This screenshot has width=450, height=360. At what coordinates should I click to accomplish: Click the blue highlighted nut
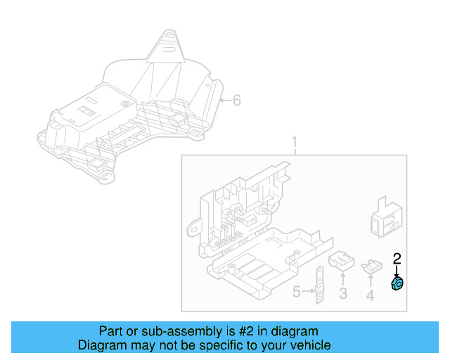coord(397,283)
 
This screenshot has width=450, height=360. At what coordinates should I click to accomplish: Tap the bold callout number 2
coord(397,259)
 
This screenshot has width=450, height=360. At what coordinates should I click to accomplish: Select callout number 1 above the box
coord(295,144)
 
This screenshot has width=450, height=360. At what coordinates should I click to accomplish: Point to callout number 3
coord(343,294)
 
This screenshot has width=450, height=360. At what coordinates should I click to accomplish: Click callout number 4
coord(370,295)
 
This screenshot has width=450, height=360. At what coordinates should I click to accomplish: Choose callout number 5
coord(297,291)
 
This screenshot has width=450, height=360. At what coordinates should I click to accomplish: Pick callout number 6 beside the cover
coord(236,101)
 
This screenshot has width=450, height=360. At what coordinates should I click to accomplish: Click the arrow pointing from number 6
coord(224,101)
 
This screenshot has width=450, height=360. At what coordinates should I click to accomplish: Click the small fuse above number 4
coord(371,266)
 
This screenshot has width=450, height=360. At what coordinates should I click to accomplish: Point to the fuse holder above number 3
coord(342,261)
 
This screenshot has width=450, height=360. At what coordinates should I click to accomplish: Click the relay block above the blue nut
coord(383,214)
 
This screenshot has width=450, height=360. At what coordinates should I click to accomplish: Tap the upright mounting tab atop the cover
coord(167,46)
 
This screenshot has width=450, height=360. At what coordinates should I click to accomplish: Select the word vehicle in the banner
coord(308,345)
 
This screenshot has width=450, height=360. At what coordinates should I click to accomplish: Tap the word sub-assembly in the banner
coord(167,331)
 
